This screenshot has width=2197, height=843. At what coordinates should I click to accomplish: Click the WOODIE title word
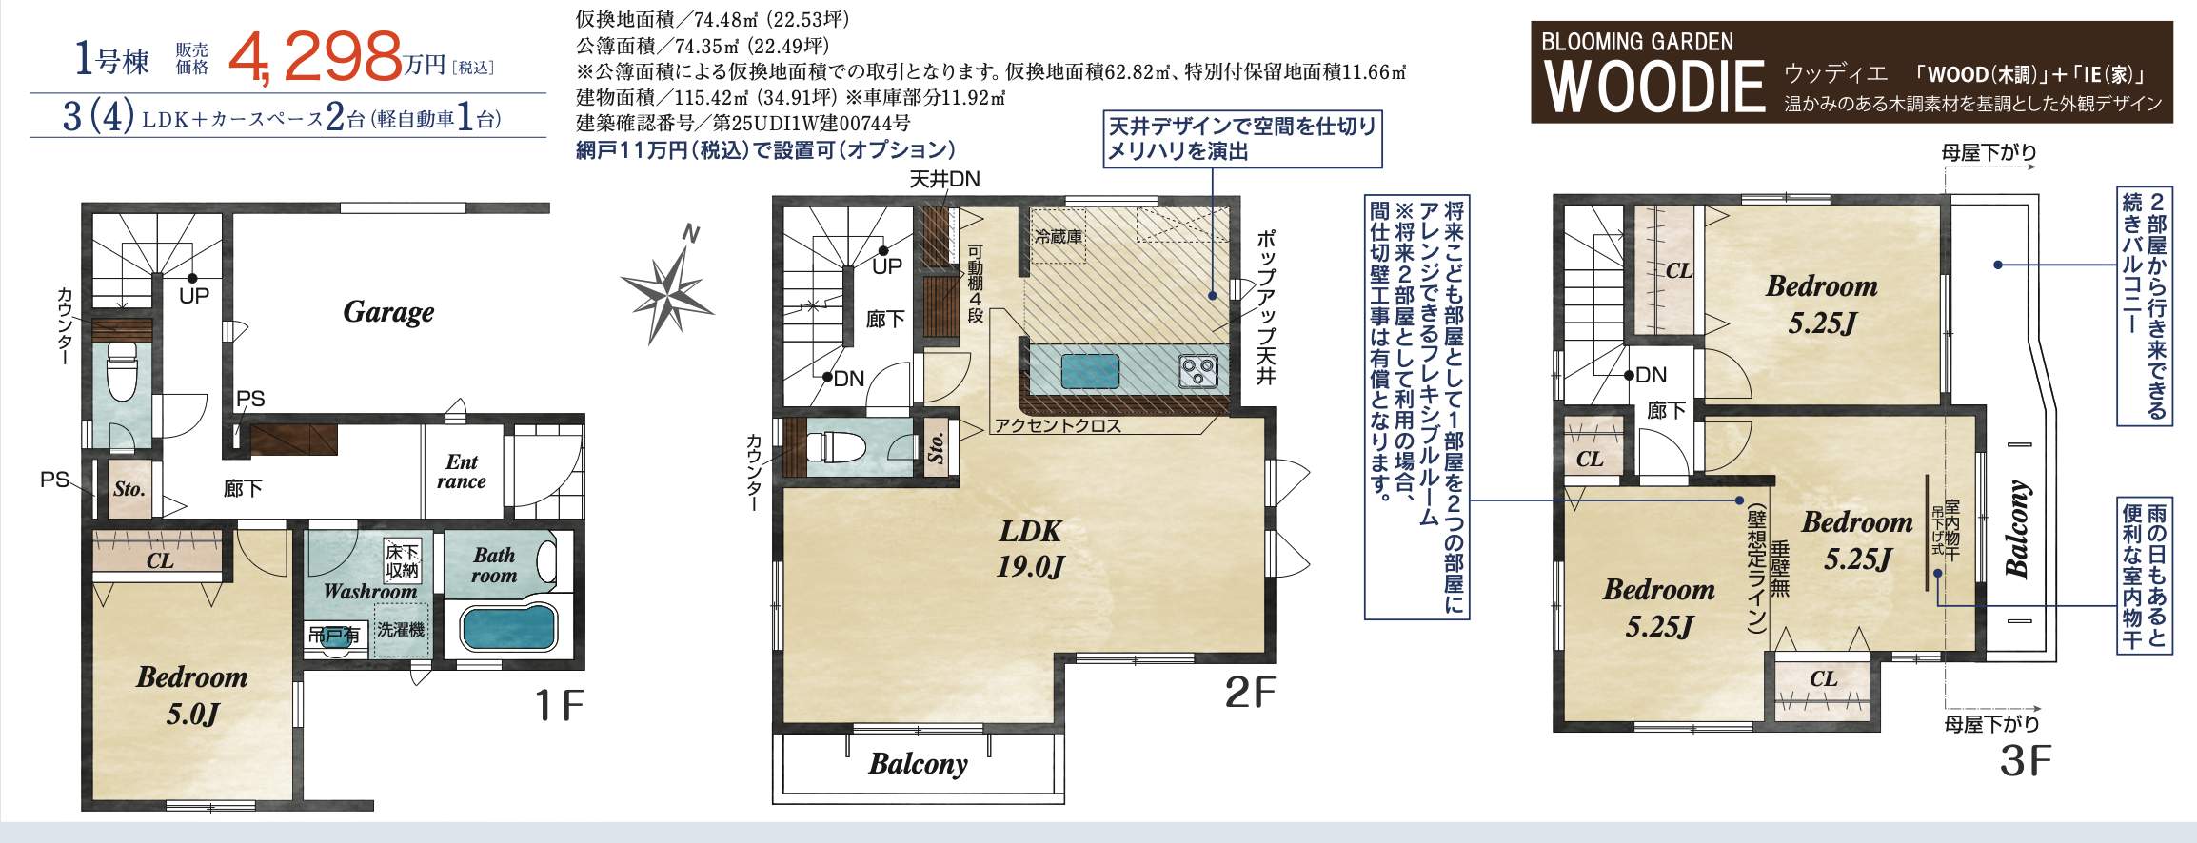[x=1654, y=87]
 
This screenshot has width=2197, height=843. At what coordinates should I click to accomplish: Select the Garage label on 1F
[x=388, y=312]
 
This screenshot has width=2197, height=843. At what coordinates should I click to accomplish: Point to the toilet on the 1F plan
[x=122, y=371]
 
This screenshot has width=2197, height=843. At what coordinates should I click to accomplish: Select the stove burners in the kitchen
[x=1197, y=370]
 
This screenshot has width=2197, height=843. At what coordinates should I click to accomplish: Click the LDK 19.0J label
[x=1030, y=549]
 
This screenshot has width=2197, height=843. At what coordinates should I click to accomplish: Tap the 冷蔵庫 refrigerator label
[x=1058, y=236]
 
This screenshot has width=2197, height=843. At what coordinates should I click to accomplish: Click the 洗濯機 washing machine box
[x=401, y=630]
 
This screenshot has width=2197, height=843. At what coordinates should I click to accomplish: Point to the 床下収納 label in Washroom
[x=402, y=561]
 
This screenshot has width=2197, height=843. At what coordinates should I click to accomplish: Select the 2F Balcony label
[x=918, y=764]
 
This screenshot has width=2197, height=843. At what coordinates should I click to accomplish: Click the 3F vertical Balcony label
[x=2017, y=530]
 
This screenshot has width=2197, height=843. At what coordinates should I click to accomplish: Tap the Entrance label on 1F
[x=462, y=472]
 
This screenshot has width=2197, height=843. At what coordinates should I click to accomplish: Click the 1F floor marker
[x=559, y=706]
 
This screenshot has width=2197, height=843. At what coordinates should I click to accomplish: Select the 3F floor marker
[x=2024, y=761]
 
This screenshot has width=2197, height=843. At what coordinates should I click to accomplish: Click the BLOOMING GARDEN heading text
[x=1637, y=42]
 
